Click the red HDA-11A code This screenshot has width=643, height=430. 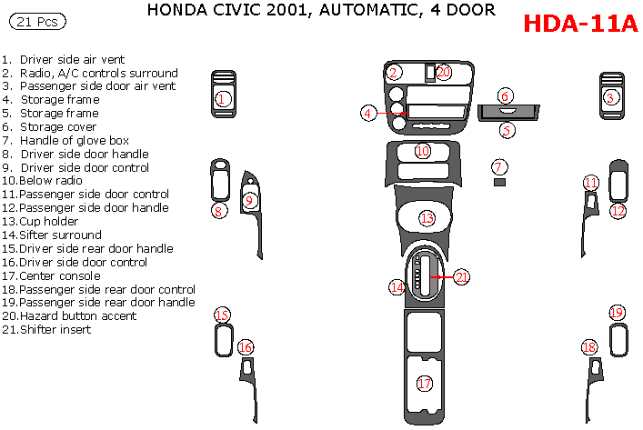pos(581,24)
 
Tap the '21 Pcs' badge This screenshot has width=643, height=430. pos(40,19)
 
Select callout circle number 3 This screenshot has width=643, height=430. pos(611,97)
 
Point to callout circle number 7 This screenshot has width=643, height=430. pos(498,166)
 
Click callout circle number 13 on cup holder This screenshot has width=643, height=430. pos(427,217)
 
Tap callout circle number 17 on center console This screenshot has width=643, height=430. pos(425,384)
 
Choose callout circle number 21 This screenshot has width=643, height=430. pos(461,276)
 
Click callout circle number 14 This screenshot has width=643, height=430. pos(397,287)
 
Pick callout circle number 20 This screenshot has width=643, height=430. pos(443,72)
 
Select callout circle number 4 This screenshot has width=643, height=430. pos(367,114)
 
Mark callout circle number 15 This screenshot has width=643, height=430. pos(222,315)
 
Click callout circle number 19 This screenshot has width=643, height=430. pos(617,313)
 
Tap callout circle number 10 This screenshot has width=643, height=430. pos(423,151)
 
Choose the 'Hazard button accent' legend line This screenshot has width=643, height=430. pos(69,315)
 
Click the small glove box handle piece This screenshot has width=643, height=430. pos(499,183)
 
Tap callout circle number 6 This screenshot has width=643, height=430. pos(506,95)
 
